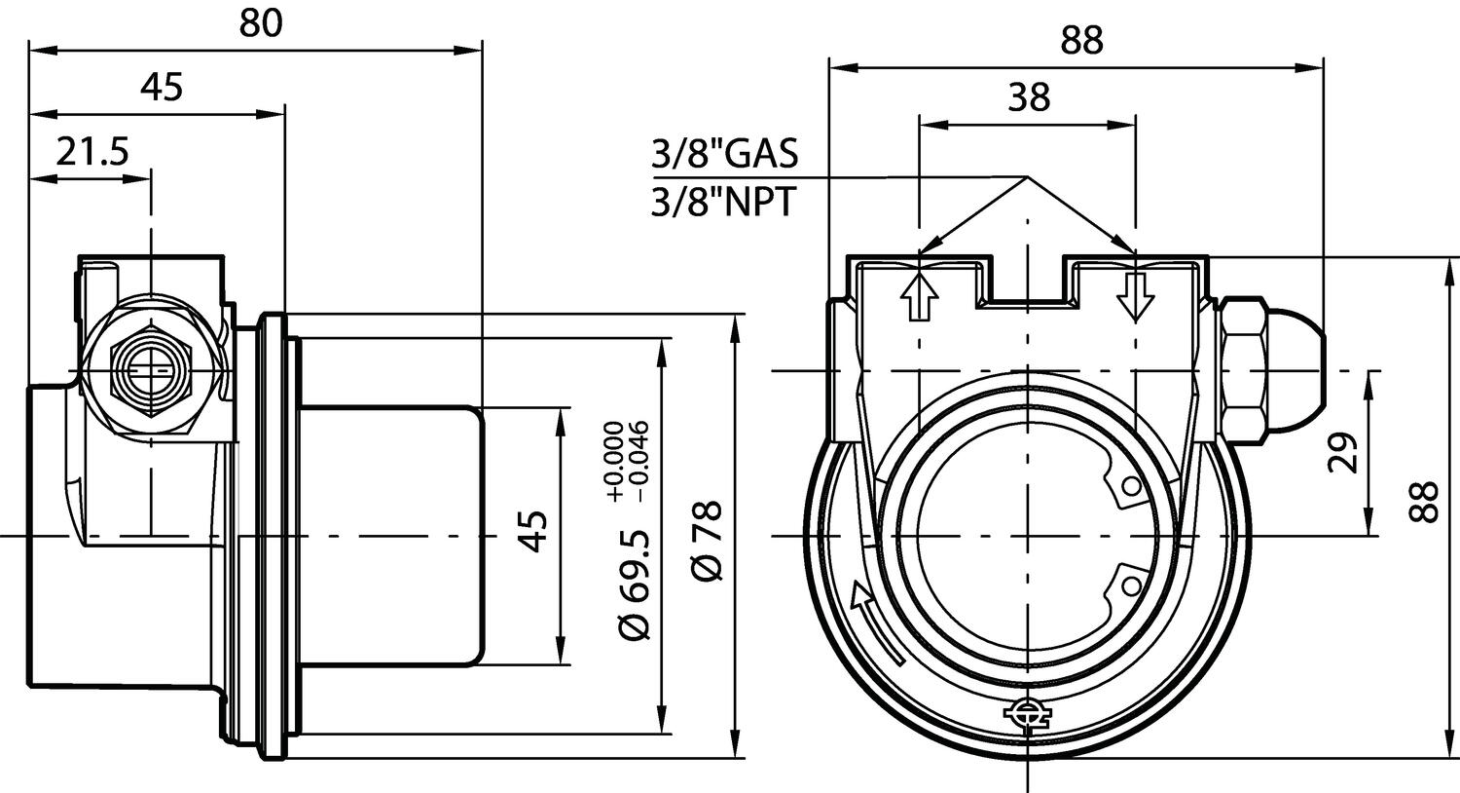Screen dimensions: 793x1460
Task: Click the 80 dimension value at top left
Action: [x=260, y=24]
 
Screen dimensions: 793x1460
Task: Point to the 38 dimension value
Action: [x=1029, y=97]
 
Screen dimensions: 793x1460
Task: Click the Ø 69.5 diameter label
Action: [x=634, y=584]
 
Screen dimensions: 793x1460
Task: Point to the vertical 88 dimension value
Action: [x=1428, y=501]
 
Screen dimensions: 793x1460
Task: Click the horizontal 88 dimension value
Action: [x=1081, y=41]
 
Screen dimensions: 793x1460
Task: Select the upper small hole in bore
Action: [x=1131, y=485]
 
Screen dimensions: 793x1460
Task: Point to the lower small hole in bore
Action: [x=1131, y=585]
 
